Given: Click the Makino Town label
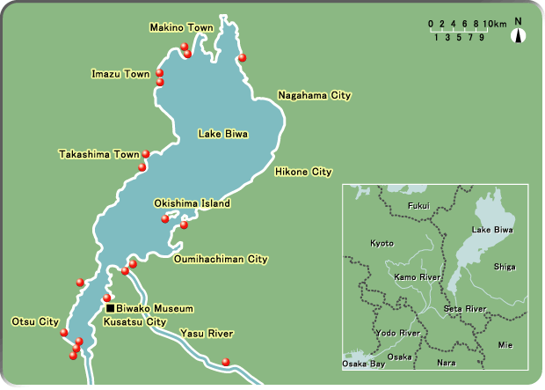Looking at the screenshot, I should click(181, 29).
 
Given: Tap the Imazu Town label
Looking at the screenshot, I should click(120, 74).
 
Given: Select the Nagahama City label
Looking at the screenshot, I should click(314, 94).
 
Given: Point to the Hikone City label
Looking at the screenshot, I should click(303, 172).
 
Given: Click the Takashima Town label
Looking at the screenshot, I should click(99, 154).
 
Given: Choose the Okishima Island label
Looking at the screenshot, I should click(192, 203).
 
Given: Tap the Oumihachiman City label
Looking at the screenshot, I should click(221, 260).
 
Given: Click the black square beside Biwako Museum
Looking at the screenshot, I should click(110, 308).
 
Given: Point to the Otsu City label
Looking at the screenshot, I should click(35, 321).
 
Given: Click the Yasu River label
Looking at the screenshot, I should click(206, 334).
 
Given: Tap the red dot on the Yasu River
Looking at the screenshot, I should click(226, 362).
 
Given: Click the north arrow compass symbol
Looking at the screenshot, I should click(519, 34).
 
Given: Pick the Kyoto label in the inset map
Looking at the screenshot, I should click(381, 242).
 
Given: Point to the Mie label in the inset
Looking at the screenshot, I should click(505, 344).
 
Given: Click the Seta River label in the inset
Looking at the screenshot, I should click(464, 309).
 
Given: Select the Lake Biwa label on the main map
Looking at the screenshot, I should click(222, 135).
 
